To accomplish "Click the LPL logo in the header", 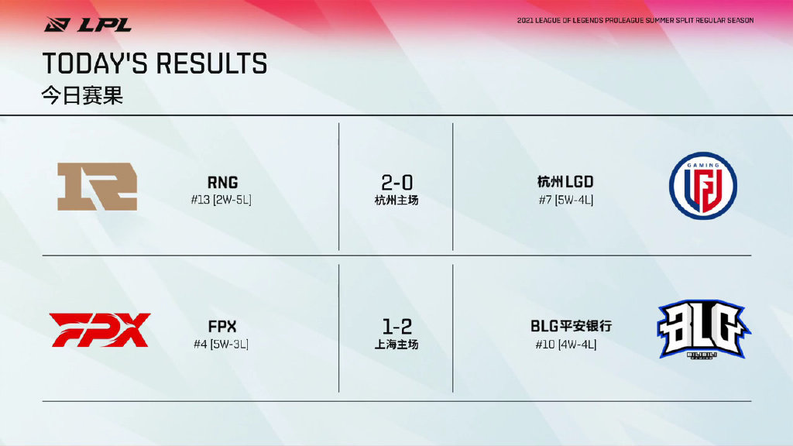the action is (x=88, y=24).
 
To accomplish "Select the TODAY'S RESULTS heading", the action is (x=155, y=63).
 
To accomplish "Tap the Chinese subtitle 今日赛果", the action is (x=82, y=95).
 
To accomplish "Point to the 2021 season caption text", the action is (x=635, y=21).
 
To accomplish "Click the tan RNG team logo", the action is (x=97, y=187).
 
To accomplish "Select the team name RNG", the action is (x=222, y=182).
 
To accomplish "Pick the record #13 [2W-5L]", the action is (x=221, y=200).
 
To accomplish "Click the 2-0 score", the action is (x=397, y=183).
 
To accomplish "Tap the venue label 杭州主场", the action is (x=396, y=201).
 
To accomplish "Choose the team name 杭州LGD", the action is (x=565, y=182).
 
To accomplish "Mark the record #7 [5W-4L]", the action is (x=566, y=201).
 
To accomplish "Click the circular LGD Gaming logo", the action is (x=703, y=186).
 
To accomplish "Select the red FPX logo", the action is (x=100, y=330).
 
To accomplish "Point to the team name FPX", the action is (x=222, y=326).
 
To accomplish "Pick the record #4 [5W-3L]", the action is (x=221, y=345).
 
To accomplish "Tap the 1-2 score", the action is (x=397, y=327).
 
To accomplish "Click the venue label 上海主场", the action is (x=396, y=345).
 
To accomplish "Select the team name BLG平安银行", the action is (x=571, y=326).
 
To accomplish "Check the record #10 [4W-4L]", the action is (x=566, y=345).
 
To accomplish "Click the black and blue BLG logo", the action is (x=704, y=329).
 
